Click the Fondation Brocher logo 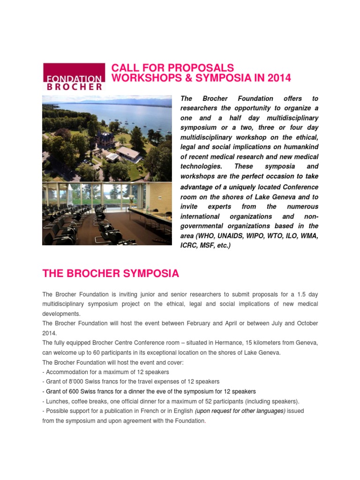point(74,76)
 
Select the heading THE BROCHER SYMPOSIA point(111,273)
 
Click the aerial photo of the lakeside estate point(107,138)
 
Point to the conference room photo point(107,214)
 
